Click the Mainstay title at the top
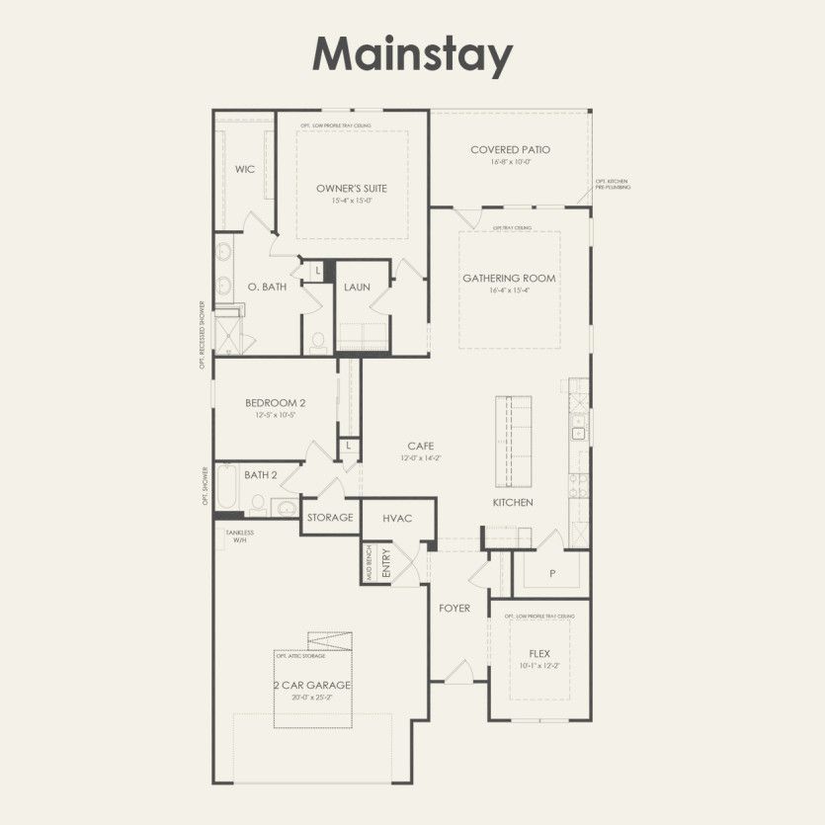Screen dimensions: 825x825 412,55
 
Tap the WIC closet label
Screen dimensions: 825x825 245,169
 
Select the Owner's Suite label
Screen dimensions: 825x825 352,188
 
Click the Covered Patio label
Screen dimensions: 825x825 510,150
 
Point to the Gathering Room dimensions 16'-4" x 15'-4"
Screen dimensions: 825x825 510,290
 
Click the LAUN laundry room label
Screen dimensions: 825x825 357,288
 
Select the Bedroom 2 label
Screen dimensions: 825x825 276,403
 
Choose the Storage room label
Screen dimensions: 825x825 330,518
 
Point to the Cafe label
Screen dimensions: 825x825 420,447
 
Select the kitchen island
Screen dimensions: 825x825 514,439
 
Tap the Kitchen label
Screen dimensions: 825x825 513,503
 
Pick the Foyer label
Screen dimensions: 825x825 454,608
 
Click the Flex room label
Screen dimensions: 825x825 539,653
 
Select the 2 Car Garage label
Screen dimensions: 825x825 312,685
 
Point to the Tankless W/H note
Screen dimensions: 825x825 239,536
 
